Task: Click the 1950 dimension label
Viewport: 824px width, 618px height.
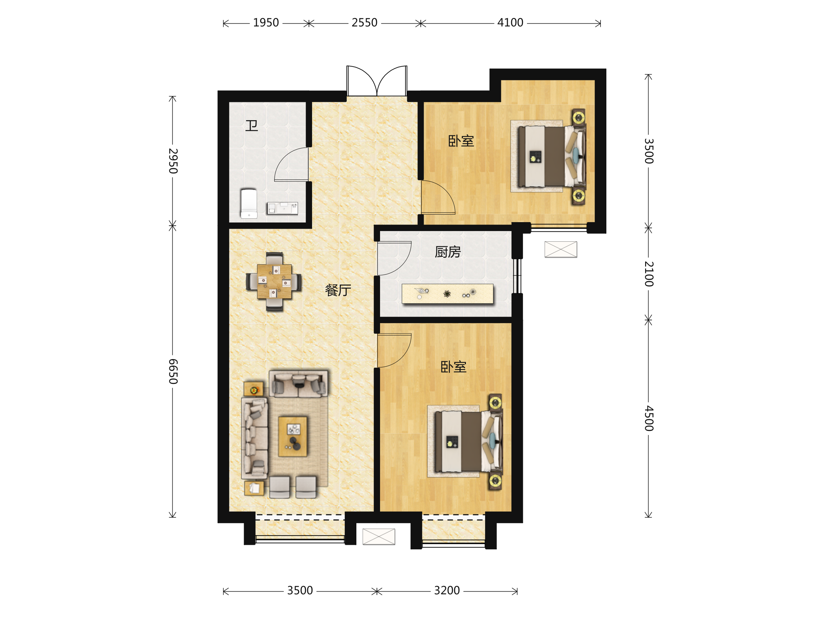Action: (266, 23)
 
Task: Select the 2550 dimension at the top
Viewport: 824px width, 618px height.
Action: (364, 23)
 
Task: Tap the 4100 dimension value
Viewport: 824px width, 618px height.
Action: (510, 23)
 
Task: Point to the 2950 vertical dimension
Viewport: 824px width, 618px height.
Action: (173, 161)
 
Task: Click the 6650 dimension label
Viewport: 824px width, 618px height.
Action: (173, 371)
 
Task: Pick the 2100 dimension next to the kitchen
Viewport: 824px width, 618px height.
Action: (649, 274)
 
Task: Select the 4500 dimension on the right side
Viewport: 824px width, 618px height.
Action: (649, 418)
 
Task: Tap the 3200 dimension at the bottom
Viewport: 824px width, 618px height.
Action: (447, 591)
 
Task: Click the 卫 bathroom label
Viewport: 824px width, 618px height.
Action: (251, 126)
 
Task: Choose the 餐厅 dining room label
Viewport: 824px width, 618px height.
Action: (338, 290)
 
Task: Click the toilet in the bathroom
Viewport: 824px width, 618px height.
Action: (249, 203)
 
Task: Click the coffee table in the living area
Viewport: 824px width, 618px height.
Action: (293, 437)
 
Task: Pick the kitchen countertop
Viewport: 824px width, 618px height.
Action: (447, 294)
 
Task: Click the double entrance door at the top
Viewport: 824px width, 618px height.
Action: (377, 81)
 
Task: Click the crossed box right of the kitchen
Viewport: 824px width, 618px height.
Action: (561, 249)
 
